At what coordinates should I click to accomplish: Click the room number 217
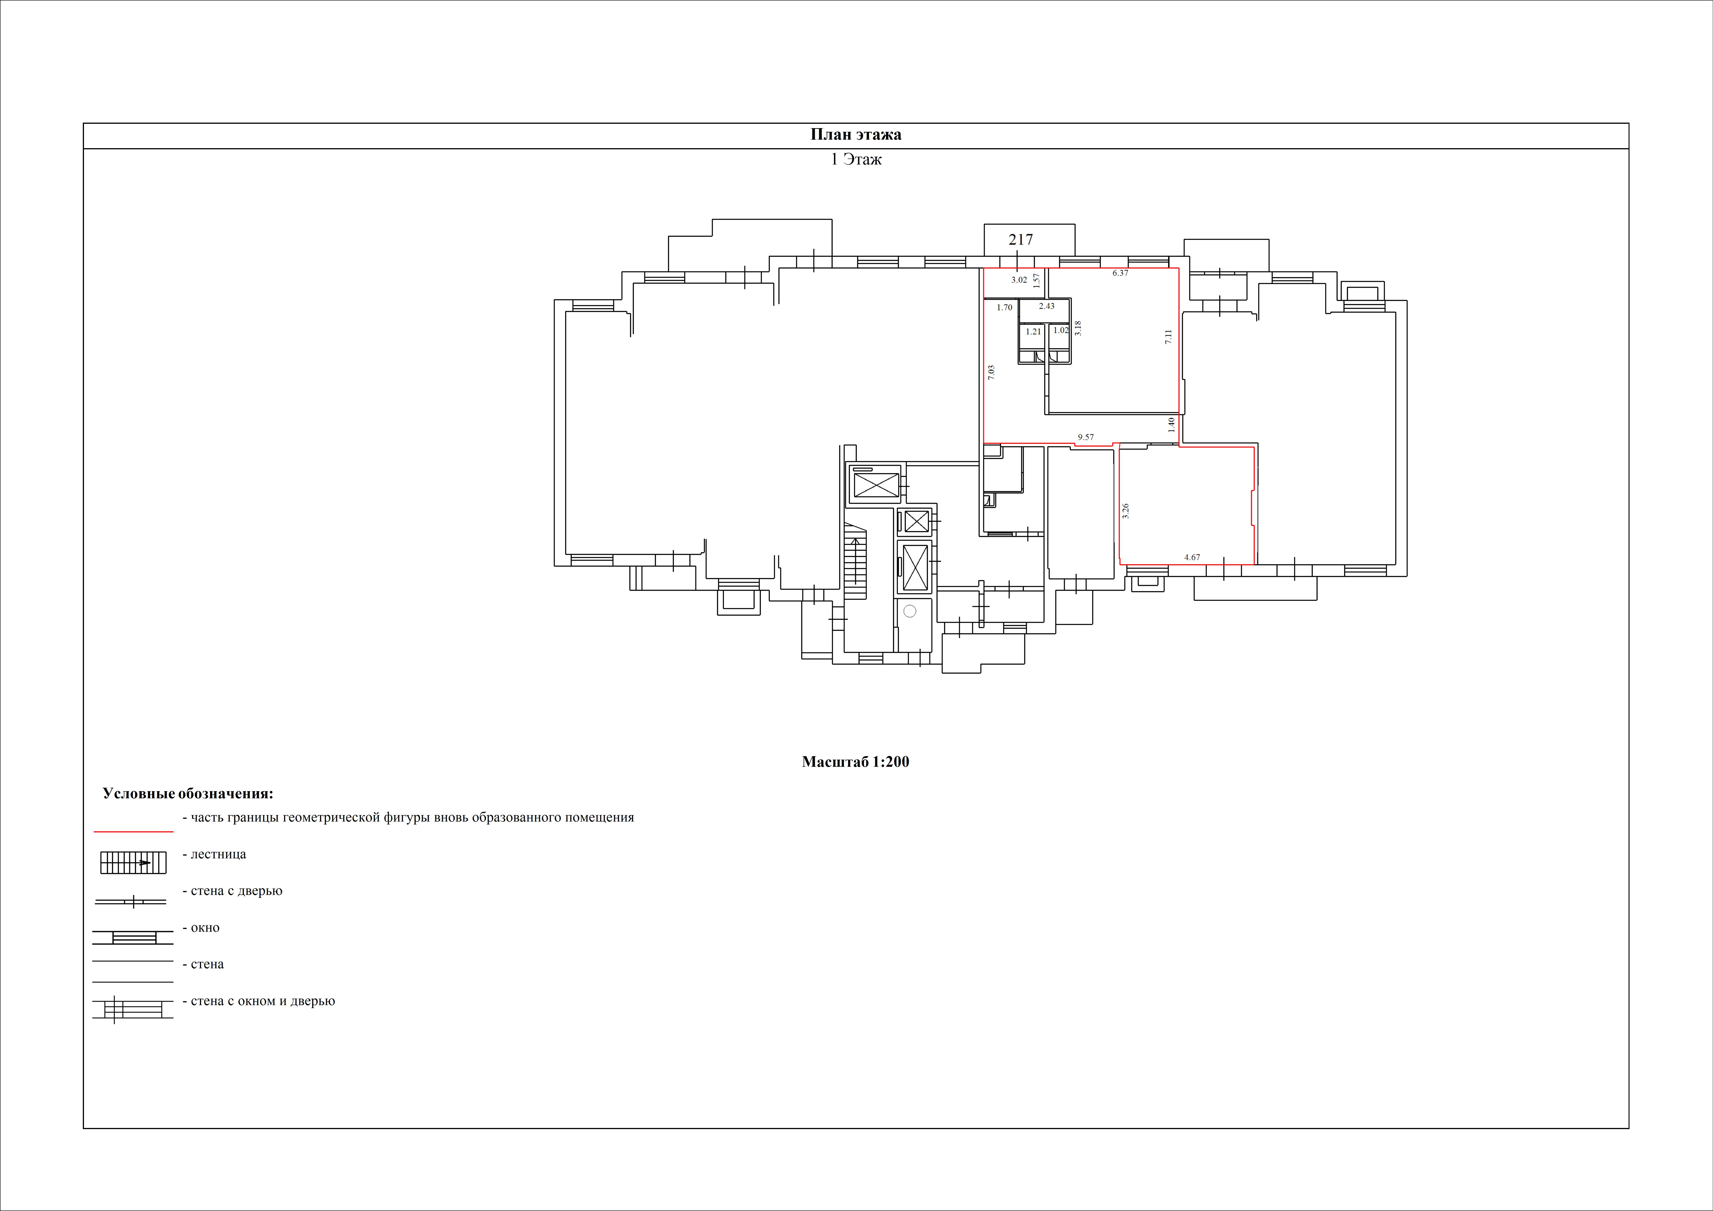click(x=1021, y=239)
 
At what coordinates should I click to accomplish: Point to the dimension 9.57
click(x=1086, y=437)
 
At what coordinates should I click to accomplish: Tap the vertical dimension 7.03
click(x=991, y=373)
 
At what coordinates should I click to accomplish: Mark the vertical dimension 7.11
click(x=1168, y=337)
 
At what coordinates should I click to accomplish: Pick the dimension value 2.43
click(x=1047, y=306)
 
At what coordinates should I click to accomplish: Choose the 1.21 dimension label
click(x=1033, y=331)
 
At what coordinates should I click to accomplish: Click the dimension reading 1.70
click(x=1004, y=307)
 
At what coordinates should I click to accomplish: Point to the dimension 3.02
click(x=1019, y=280)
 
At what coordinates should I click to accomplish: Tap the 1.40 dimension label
click(x=1171, y=425)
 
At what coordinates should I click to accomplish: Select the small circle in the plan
click(x=909, y=611)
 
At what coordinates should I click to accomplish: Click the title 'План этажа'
click(x=856, y=134)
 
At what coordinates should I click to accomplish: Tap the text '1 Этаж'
click(x=856, y=159)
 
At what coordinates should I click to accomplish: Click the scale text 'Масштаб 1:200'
click(x=856, y=762)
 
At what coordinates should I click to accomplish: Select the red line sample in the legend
click(x=134, y=830)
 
